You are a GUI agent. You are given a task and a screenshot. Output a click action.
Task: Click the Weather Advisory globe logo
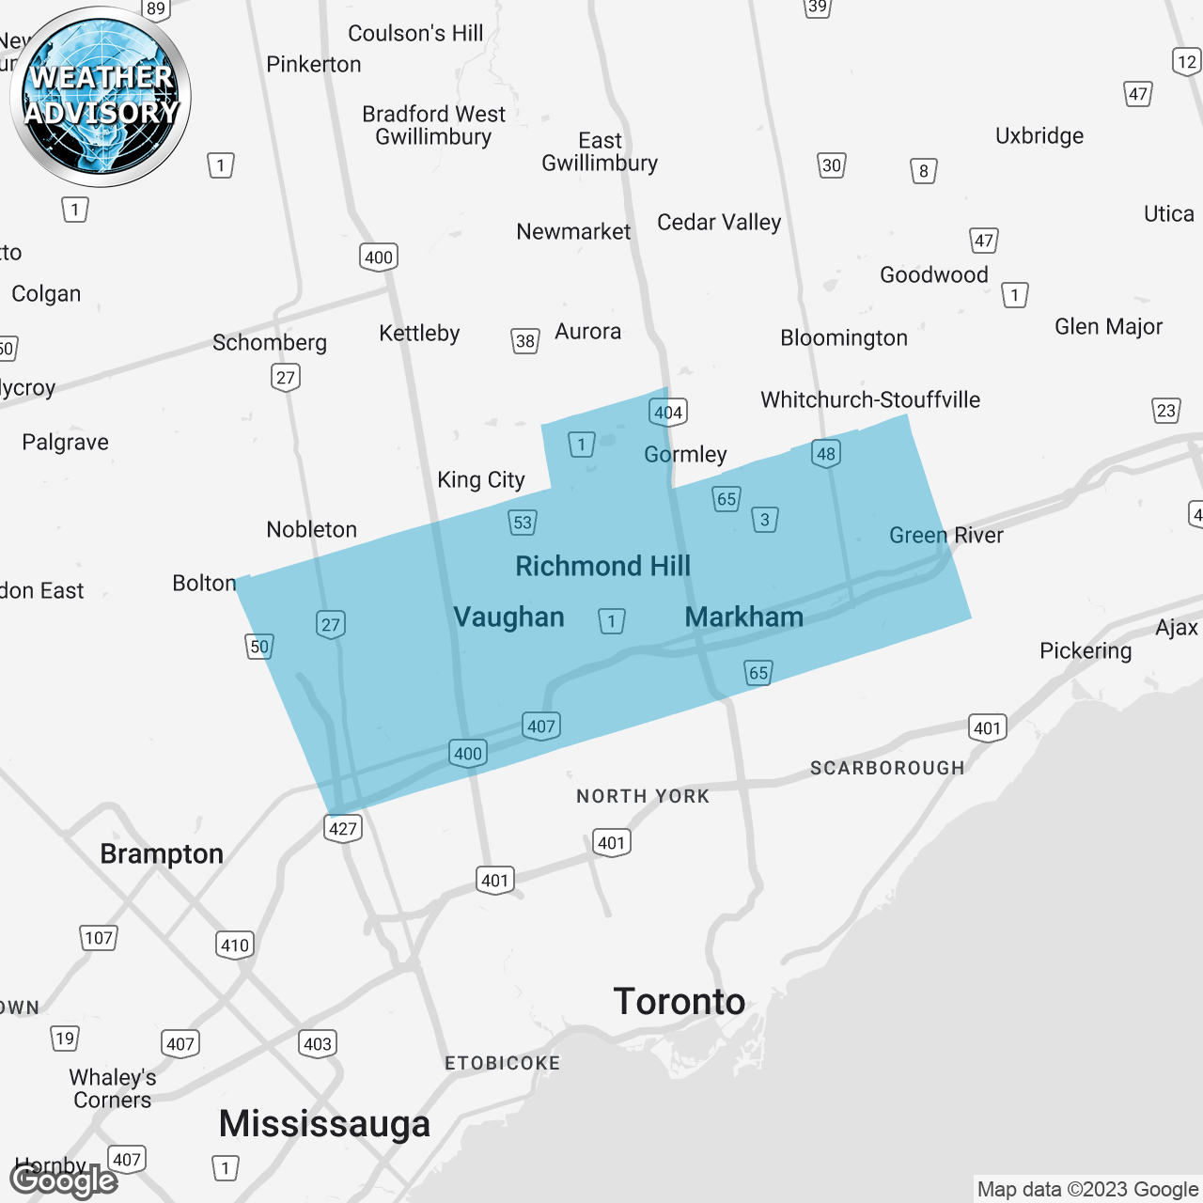point(101,96)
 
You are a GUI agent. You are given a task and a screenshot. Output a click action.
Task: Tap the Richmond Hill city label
point(602,566)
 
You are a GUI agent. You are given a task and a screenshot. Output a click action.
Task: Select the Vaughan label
point(508,617)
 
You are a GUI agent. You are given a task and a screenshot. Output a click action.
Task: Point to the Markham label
point(743,617)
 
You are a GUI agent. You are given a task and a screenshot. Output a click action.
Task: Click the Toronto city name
point(679,1002)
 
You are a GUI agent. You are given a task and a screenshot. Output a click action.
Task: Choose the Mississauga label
point(324,1124)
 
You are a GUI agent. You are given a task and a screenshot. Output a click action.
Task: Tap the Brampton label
point(162,853)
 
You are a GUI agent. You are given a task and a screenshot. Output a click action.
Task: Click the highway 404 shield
point(668,412)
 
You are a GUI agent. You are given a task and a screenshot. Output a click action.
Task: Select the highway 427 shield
point(343,828)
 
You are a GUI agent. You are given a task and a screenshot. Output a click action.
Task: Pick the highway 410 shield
point(235,945)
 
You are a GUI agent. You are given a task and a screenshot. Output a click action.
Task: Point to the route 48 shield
point(826,454)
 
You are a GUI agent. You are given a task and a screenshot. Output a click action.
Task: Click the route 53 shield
point(523,523)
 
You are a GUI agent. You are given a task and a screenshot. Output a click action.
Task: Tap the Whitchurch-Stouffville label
point(870,399)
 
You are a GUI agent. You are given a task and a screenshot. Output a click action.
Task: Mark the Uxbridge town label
point(1039,135)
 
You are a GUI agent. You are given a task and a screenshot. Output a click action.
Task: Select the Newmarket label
point(573,231)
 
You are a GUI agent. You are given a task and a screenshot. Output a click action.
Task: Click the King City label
point(481,479)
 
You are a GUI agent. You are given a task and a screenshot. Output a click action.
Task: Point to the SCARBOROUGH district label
point(887,768)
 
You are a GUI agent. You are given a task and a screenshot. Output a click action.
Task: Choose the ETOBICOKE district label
point(502,1063)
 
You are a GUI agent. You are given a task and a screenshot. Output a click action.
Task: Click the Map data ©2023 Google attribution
point(1087,1190)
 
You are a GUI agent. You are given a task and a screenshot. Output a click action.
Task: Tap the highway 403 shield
point(318,1043)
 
